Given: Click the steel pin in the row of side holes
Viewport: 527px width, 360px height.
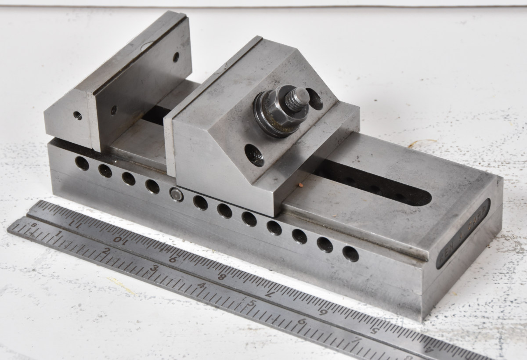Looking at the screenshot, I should point(177,194).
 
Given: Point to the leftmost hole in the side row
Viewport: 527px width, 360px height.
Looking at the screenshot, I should point(82,163).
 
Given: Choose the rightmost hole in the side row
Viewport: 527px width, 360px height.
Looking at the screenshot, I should point(350,254).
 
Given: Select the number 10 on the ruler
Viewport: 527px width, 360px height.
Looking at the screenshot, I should point(118,239).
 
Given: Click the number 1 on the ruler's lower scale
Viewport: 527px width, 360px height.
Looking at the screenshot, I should point(58,234).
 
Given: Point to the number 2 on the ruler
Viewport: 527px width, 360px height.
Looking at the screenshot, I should point(106,250).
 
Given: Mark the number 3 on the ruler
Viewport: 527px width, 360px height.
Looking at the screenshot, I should point(154,268).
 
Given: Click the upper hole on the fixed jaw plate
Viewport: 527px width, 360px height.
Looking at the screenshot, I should point(176,56).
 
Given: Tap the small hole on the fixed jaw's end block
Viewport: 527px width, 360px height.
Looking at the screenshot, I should point(77,115).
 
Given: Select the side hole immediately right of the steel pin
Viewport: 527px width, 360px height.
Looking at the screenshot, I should point(200,202).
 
